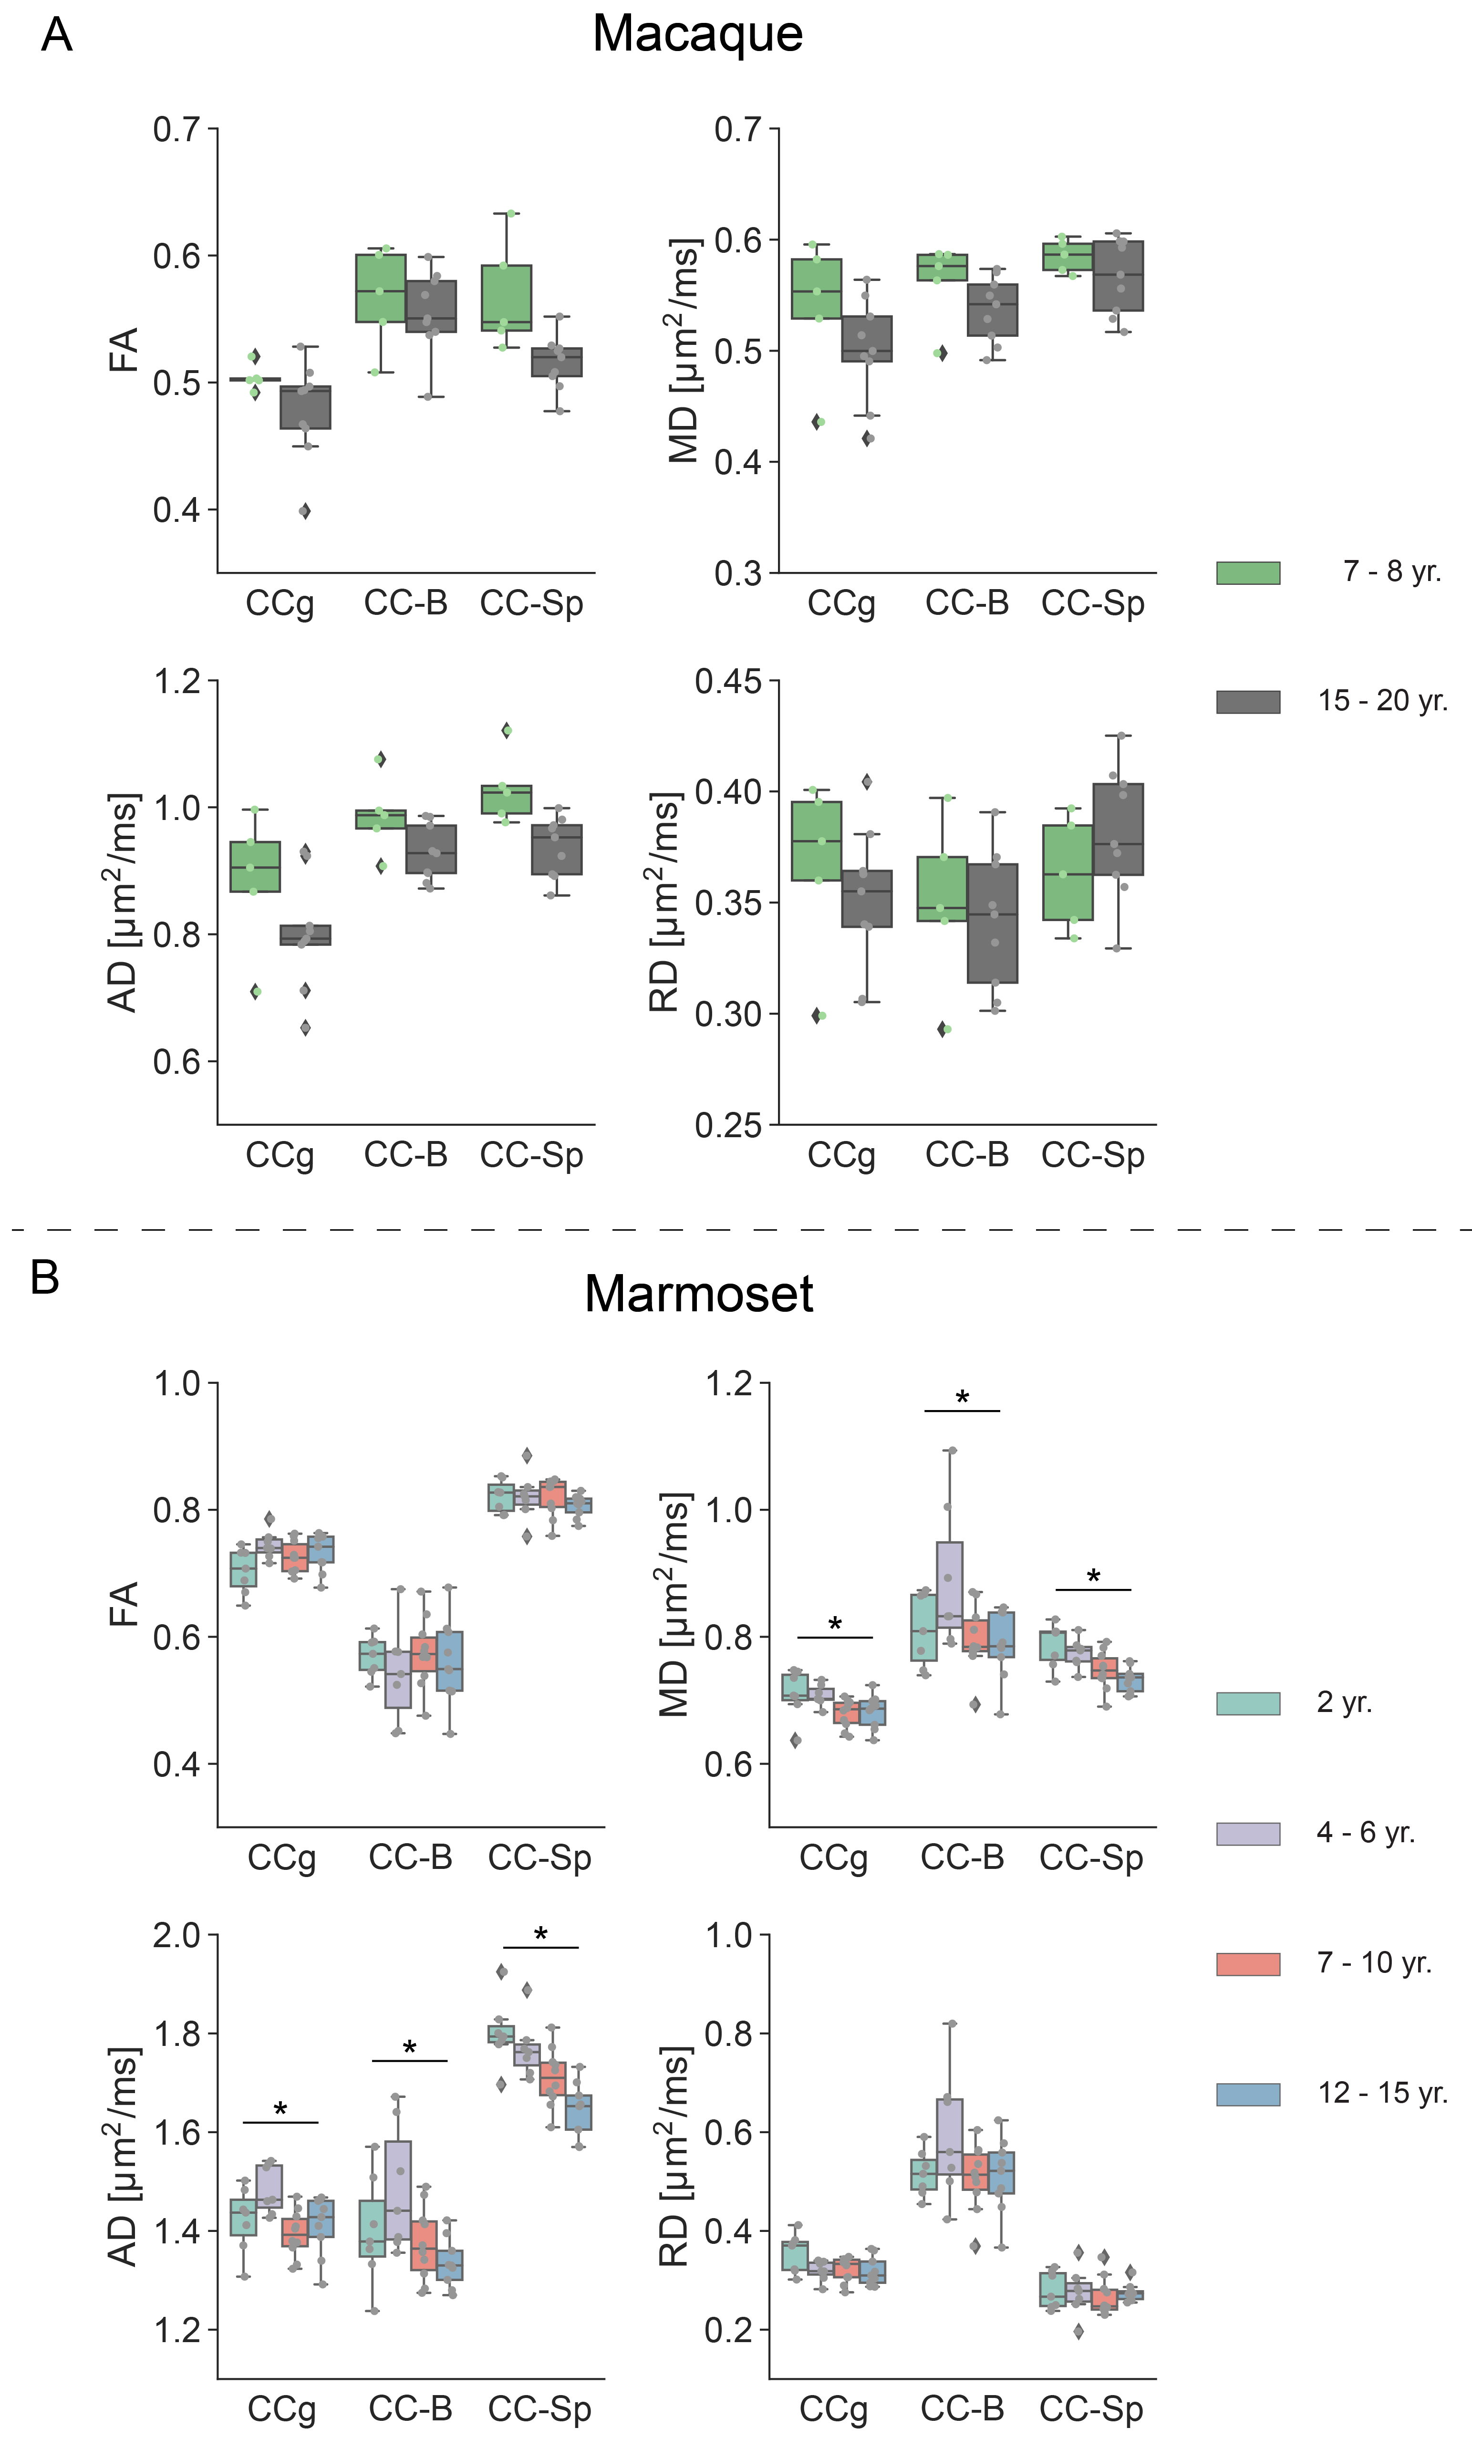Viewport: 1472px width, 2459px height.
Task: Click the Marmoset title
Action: [698, 1294]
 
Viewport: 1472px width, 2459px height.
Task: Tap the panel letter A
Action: [57, 36]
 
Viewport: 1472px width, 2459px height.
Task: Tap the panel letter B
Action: [45, 1276]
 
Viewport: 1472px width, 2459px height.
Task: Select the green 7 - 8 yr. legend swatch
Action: [1248, 572]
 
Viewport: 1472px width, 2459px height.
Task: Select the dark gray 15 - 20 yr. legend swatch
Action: [1248, 701]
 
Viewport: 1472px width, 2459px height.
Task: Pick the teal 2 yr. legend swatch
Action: [1248, 1703]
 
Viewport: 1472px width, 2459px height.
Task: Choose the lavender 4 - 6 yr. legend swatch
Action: [1248, 1833]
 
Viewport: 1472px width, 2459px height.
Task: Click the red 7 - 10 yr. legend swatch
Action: [1248, 1963]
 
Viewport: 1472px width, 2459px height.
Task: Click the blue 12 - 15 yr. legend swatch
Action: [1248, 2093]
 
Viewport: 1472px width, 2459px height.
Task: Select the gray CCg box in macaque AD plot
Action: [305, 934]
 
